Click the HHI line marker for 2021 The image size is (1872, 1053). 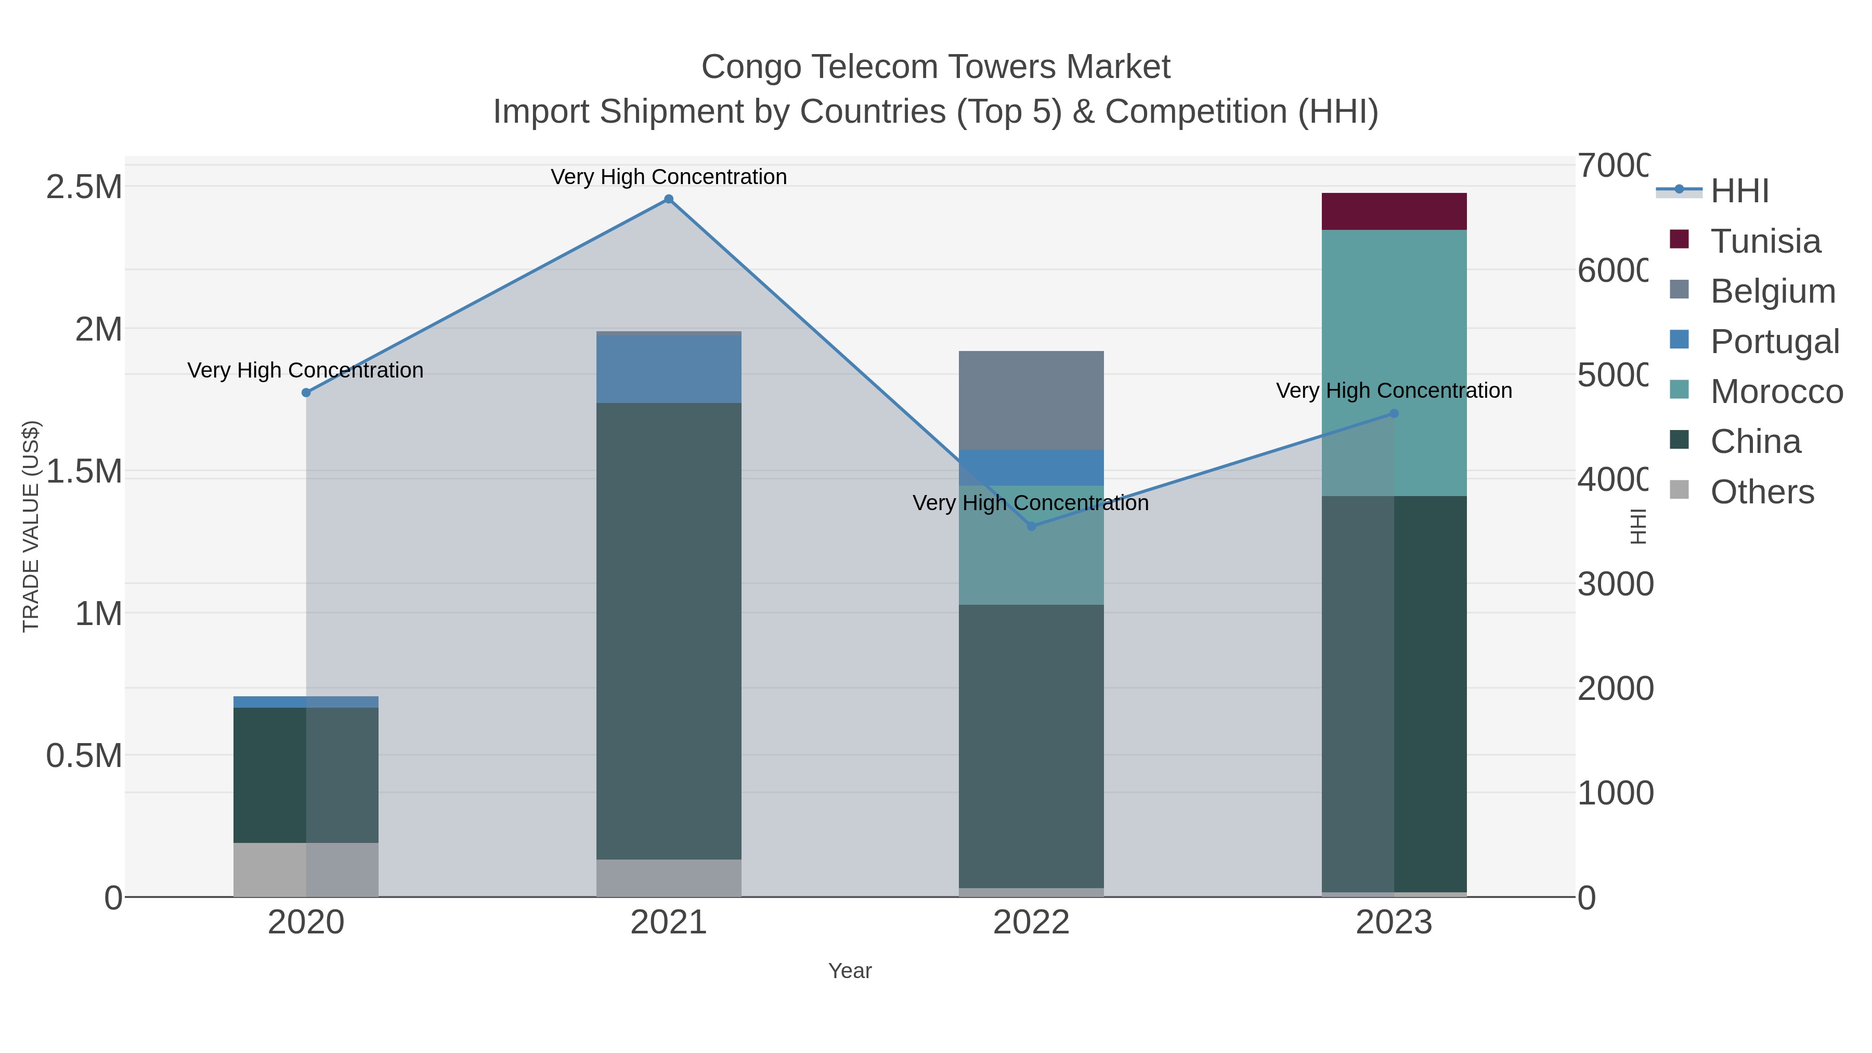669,199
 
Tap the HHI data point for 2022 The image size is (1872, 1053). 1031,526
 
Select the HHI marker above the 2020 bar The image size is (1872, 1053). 306,393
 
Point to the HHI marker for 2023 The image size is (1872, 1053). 1394,413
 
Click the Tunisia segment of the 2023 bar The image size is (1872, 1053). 1394,212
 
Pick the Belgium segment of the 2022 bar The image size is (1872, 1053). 1031,400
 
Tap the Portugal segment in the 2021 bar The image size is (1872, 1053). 669,369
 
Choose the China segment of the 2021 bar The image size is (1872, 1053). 669,631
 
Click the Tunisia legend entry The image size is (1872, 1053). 1765,241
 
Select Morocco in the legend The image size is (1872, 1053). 1776,392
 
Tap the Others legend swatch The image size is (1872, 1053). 1680,490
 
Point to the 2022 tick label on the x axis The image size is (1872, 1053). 1031,923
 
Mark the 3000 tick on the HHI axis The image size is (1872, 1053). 1615,584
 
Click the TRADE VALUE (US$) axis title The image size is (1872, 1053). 31,526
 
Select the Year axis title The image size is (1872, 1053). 850,971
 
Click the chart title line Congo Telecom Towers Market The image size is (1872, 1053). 935,67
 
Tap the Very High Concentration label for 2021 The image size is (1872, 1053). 669,177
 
